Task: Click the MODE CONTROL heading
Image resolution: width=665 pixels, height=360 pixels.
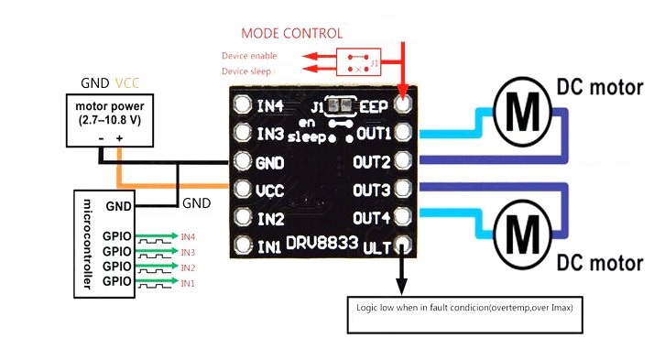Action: coord(292,33)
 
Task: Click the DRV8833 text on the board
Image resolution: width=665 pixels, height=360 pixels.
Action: coord(317,245)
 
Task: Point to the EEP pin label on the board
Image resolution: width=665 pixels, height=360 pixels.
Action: coord(376,104)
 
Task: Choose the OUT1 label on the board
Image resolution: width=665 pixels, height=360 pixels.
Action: coord(373,134)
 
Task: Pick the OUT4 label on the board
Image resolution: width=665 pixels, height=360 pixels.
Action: coord(373,218)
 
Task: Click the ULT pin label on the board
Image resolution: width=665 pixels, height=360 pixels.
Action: coord(377,247)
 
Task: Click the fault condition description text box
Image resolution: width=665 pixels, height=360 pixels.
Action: coord(464,308)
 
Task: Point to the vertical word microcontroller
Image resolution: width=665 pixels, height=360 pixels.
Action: coord(87,242)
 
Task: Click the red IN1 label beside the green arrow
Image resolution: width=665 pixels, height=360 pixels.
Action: coord(188,284)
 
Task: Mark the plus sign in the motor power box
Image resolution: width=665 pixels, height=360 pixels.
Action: coord(119,138)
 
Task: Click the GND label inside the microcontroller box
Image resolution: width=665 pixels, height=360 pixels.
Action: coord(119,206)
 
